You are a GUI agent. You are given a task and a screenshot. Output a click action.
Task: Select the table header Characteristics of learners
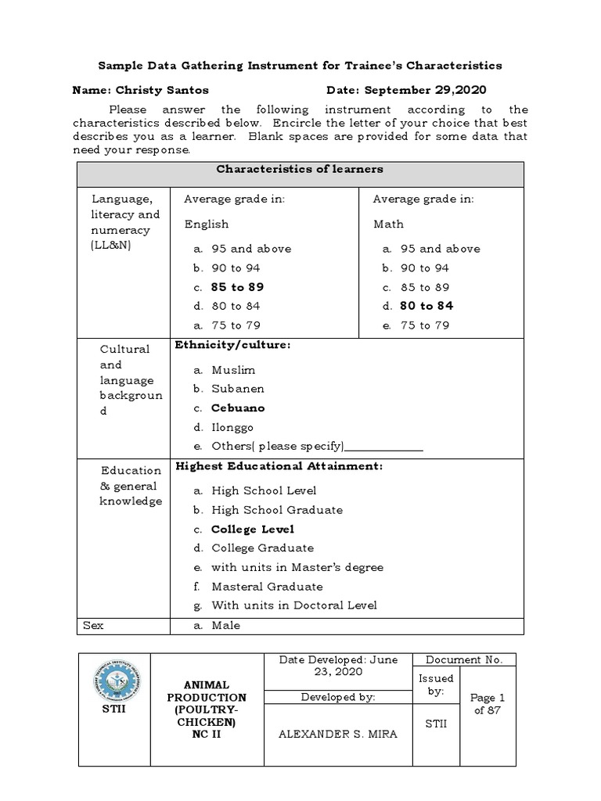pyautogui.click(x=300, y=169)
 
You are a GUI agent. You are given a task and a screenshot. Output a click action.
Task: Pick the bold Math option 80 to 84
pyautogui.click(x=426, y=306)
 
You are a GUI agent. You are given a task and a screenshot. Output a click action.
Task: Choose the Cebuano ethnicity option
pyautogui.click(x=238, y=408)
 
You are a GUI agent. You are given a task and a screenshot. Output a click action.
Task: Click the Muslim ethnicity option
pyautogui.click(x=233, y=369)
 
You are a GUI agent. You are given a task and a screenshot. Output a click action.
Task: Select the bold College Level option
pyautogui.click(x=253, y=529)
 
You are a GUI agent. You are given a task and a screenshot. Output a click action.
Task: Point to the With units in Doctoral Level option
pyautogui.click(x=293, y=605)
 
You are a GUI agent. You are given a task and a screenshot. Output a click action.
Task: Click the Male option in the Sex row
pyautogui.click(x=225, y=625)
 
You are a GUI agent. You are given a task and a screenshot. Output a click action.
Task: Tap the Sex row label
pyautogui.click(x=93, y=625)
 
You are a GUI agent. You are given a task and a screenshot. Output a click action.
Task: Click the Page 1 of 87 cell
pyautogui.click(x=491, y=704)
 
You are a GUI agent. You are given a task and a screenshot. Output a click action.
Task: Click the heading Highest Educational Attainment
pyautogui.click(x=279, y=466)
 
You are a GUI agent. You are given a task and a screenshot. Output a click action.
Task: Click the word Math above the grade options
pyautogui.click(x=389, y=224)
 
